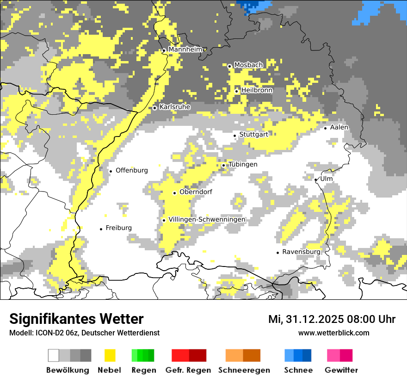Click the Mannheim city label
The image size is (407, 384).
(185, 50)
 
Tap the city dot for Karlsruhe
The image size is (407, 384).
(155, 108)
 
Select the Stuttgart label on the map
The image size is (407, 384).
(254, 135)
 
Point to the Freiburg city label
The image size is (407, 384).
(118, 228)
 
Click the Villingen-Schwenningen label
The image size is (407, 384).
(207, 219)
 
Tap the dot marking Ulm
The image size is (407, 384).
(316, 180)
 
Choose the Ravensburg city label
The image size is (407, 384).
(301, 252)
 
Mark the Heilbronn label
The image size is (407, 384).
(257, 90)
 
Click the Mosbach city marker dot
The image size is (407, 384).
(229, 66)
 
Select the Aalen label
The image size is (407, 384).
(339, 127)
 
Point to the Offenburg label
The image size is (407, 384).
(132, 170)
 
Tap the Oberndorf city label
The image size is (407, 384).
(196, 192)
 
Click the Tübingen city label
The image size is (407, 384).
(243, 164)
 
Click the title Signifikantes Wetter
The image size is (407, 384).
(76, 319)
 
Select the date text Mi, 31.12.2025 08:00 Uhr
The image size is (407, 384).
(332, 319)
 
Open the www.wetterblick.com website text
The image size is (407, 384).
(333, 333)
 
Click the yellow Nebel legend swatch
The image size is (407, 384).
(110, 355)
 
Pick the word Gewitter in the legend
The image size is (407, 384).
(341, 370)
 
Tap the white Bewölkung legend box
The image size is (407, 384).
(54, 355)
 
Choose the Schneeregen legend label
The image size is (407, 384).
(244, 370)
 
